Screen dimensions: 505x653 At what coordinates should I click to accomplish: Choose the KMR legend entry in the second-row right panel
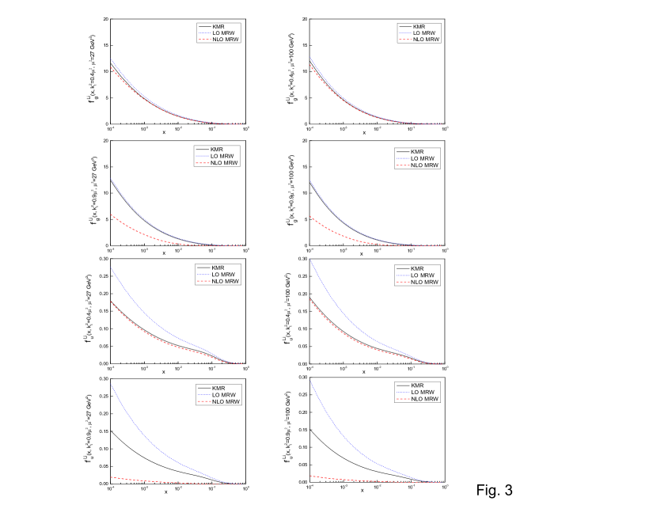417,151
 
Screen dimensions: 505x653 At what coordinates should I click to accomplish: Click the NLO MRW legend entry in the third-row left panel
225,281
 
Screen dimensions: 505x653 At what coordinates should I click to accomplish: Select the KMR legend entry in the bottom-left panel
218,388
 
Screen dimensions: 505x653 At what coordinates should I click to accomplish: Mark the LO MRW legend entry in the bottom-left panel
224,395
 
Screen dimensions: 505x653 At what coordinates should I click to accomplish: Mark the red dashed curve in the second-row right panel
348,235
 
